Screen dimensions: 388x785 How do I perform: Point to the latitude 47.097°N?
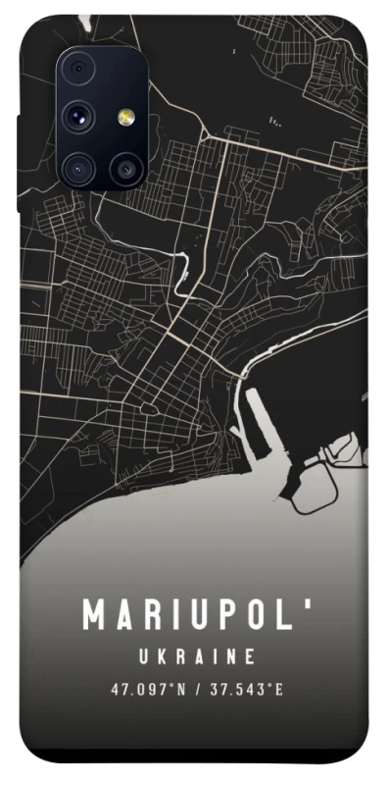[148, 689]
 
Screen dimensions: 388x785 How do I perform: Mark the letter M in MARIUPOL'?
[95, 615]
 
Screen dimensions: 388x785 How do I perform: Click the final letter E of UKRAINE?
[250, 655]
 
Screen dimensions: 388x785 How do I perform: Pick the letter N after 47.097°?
[181, 689]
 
